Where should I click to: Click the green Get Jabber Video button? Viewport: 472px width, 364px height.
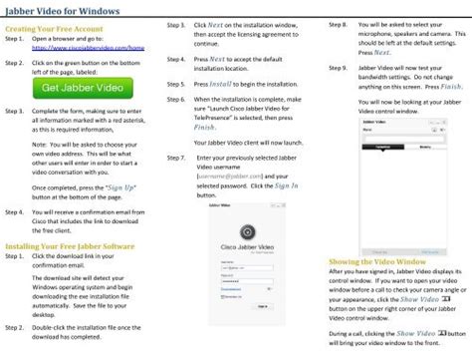pyautogui.click(x=84, y=88)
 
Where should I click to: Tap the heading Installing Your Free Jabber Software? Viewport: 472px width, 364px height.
pyautogui.click(x=70, y=243)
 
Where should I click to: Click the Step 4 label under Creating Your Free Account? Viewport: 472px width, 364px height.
pyautogui.click(x=14, y=212)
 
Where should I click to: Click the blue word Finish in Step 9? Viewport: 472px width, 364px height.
pyautogui.click(x=451, y=86)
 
